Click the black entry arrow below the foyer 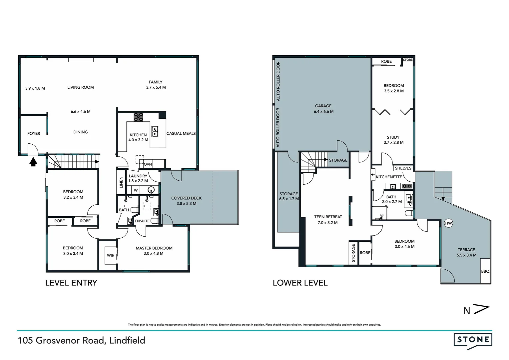(33, 162)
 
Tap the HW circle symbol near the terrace (448, 223)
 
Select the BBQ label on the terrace (485, 271)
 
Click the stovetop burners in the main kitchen (138, 117)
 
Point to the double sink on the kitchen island (155, 131)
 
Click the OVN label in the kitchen (148, 164)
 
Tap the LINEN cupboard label (121, 182)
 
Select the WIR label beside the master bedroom (111, 255)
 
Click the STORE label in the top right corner (408, 60)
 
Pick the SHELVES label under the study (403, 168)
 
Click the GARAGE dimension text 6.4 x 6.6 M (323, 112)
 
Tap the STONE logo (473, 340)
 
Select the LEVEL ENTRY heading (71, 283)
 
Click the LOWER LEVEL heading (300, 283)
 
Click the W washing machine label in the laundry (136, 190)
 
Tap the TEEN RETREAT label (328, 217)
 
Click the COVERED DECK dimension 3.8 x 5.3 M (187, 204)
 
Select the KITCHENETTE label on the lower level (389, 177)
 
